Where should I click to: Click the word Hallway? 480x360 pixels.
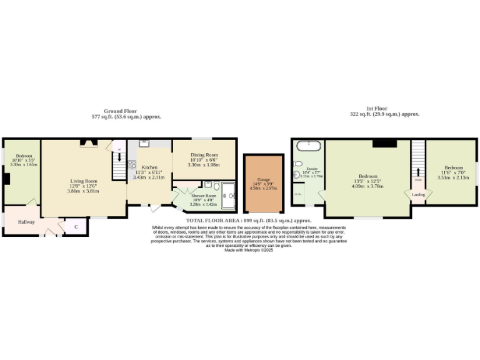click(x=26, y=222)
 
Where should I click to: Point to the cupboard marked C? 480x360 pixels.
click(x=76, y=227)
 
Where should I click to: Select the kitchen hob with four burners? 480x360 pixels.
click(x=132, y=165)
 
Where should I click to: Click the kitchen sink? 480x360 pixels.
click(x=143, y=143)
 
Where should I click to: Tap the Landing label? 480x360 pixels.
click(x=417, y=194)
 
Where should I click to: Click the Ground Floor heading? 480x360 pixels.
click(x=120, y=111)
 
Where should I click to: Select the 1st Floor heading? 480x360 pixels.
click(x=384, y=109)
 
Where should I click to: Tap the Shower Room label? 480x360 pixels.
click(x=203, y=196)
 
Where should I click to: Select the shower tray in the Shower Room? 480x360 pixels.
click(x=228, y=195)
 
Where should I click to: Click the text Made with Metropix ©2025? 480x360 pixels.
click(x=249, y=250)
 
